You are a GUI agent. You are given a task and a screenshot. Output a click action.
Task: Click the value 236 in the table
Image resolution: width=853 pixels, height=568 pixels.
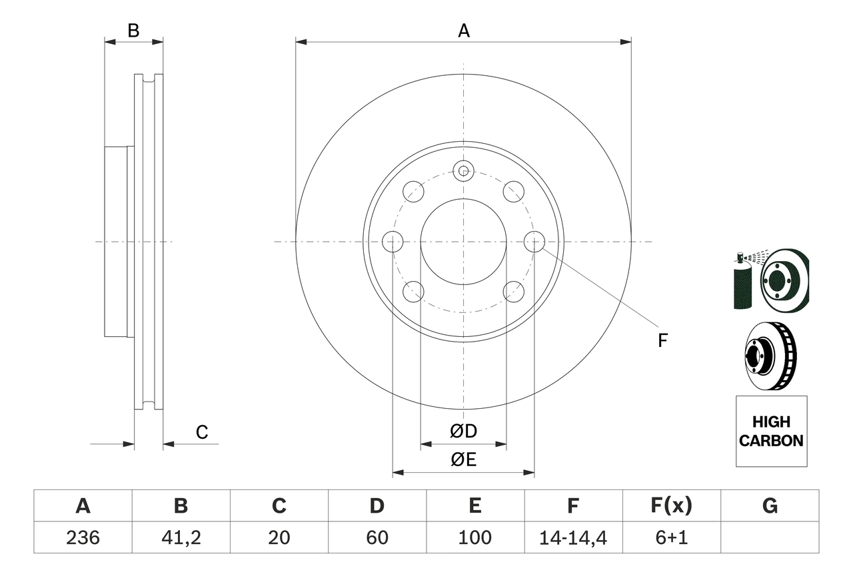[x=83, y=537]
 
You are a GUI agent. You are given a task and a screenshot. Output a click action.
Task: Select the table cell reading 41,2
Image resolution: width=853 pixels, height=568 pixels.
[x=181, y=537]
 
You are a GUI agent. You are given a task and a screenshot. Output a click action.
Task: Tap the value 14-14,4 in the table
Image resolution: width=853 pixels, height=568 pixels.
[x=573, y=537]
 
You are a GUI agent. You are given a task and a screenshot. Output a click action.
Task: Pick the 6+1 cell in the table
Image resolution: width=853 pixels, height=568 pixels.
[x=671, y=537]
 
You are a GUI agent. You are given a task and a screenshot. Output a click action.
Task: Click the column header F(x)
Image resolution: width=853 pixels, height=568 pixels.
[x=671, y=506]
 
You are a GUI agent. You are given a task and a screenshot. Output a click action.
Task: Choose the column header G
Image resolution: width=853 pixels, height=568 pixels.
[x=770, y=506]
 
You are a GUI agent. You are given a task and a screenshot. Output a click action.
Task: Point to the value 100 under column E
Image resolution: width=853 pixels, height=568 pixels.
[x=475, y=537]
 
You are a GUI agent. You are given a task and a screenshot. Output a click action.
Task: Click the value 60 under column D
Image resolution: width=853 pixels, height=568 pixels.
[x=377, y=537]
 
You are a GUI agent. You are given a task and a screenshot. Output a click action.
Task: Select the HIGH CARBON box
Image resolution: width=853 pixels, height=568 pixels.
[x=771, y=431]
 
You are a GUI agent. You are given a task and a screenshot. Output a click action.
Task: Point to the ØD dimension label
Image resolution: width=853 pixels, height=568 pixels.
[x=464, y=431]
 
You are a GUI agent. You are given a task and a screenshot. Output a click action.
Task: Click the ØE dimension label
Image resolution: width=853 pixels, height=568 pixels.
[x=464, y=460]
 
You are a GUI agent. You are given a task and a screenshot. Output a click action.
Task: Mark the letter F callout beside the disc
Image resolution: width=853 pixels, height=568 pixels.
[x=662, y=341]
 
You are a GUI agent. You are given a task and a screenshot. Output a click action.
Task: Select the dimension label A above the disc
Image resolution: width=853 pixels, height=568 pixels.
[x=464, y=31]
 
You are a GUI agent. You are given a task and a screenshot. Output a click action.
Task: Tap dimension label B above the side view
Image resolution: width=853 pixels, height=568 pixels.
[x=133, y=31]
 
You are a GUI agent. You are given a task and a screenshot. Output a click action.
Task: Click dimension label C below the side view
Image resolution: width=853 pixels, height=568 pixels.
[x=202, y=432]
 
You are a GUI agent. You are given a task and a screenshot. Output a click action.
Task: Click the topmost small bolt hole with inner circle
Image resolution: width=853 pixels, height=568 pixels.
[x=463, y=170]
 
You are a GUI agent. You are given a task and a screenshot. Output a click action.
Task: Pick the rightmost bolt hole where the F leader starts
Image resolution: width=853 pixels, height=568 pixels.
[x=534, y=242]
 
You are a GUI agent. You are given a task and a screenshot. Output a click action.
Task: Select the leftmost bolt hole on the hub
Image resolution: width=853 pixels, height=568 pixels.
[x=393, y=242]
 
